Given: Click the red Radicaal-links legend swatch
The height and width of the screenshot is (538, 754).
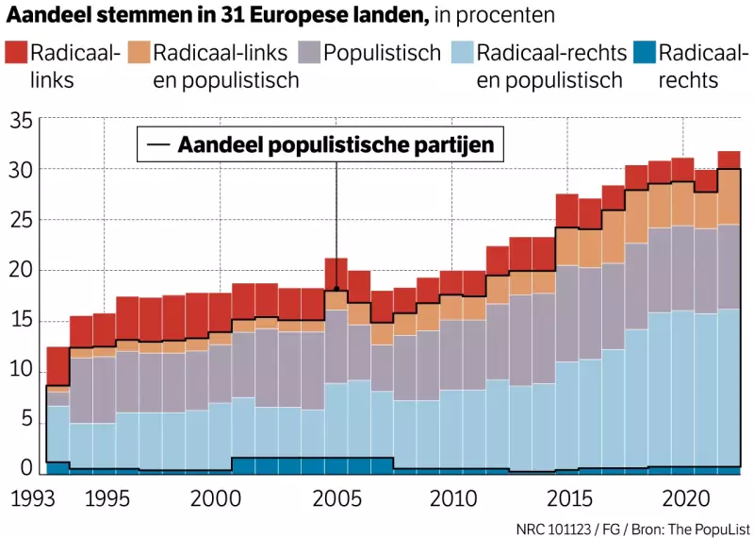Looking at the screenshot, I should pyautogui.click(x=15, y=53).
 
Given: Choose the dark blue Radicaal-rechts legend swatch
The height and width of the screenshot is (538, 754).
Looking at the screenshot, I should pyautogui.click(x=642, y=53).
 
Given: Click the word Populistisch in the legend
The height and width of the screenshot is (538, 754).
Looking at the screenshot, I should pyautogui.click(x=382, y=53).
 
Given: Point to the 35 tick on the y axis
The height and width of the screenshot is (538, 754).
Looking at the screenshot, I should pyautogui.click(x=22, y=119).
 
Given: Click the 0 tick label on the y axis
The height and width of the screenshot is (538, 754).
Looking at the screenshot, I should pyautogui.click(x=27, y=468).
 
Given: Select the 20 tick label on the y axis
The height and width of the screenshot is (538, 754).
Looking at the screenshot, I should pyautogui.click(x=22, y=271).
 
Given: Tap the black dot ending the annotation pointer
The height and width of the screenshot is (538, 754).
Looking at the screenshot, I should pyautogui.click(x=336, y=289).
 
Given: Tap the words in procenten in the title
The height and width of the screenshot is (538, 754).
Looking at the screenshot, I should pyautogui.click(x=495, y=15).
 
